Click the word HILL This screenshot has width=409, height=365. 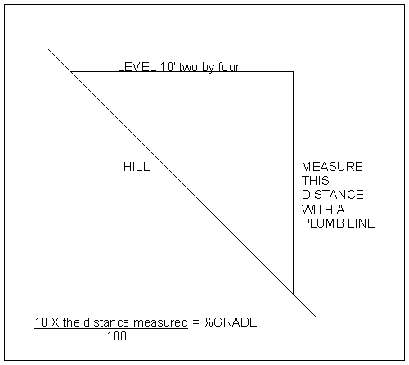[137, 167]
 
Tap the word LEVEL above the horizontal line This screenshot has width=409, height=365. [137, 67]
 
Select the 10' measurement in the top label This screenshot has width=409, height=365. [168, 67]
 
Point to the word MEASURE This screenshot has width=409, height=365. [332, 167]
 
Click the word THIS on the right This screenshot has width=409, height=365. [316, 181]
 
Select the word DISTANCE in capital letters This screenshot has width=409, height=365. [333, 195]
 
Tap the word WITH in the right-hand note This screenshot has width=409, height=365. [317, 210]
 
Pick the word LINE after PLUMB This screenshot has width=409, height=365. [362, 223]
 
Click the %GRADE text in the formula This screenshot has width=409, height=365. [230, 322]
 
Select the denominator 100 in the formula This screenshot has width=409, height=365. [117, 336]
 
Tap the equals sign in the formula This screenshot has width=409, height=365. [196, 322]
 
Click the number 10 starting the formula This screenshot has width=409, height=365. [41, 322]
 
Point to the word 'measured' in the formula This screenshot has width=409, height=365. [160, 322]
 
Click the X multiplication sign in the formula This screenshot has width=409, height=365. [55, 322]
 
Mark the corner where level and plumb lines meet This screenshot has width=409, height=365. [293, 72]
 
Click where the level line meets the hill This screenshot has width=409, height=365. [71, 72]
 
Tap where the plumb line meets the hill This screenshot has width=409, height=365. [293, 294]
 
